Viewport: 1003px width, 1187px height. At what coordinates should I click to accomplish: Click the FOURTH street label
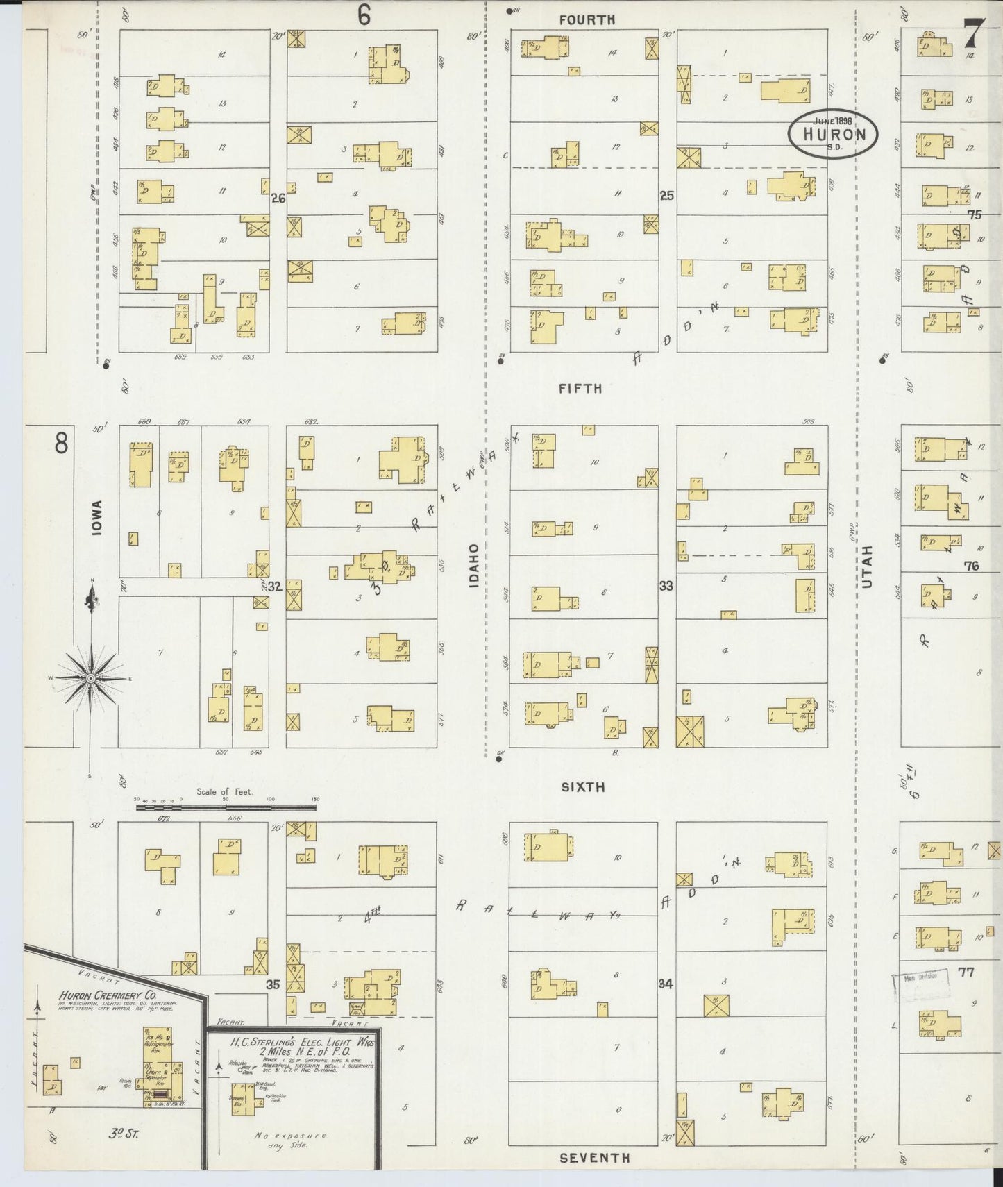[x=587, y=20]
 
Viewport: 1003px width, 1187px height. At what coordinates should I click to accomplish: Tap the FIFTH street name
[x=580, y=389]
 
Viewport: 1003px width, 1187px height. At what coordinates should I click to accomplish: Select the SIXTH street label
[x=582, y=786]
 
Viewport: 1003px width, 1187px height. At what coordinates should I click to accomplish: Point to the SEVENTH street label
[x=595, y=1157]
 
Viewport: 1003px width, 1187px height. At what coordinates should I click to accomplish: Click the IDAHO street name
[x=474, y=566]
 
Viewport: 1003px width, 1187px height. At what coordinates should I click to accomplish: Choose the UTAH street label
[x=867, y=567]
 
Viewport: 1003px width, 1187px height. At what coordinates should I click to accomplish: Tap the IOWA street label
[x=96, y=518]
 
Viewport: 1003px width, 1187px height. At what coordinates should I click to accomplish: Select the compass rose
[x=91, y=677]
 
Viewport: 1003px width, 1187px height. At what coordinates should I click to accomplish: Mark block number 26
[x=278, y=198]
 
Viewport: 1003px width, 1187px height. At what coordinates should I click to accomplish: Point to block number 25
[x=666, y=196]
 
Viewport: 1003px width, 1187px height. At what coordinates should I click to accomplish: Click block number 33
[x=666, y=586]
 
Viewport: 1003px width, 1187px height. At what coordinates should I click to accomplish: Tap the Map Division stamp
[x=920, y=976]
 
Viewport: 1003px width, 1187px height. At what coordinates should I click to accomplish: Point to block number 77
[x=966, y=972]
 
